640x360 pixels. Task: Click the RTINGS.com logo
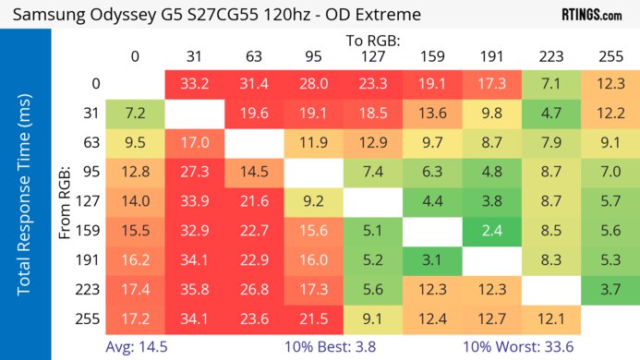591,16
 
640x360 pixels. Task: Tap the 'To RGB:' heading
373,41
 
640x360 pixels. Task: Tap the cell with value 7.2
135,114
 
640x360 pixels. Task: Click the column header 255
610,56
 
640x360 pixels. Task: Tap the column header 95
313,56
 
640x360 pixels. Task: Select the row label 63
90,143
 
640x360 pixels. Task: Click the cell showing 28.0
313,84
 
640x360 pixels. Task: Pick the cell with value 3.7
610,289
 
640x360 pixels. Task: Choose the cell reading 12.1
551,318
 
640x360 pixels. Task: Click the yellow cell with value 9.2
313,201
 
